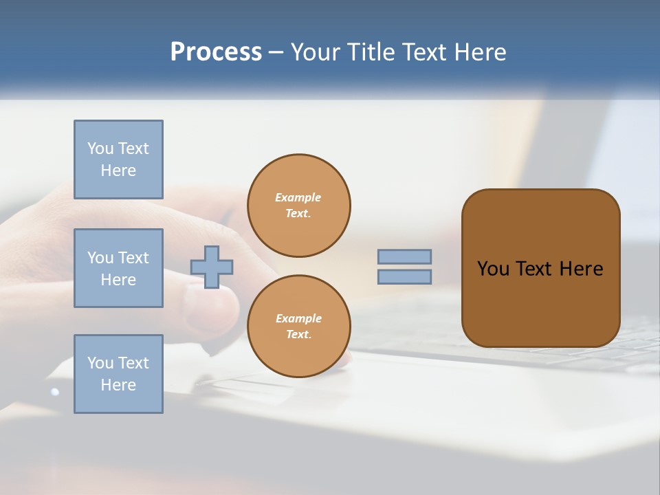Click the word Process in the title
[x=216, y=52]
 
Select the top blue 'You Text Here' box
[x=118, y=159]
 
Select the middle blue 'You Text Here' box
[x=118, y=268]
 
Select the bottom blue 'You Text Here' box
[x=118, y=374]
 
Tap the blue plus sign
[x=212, y=267]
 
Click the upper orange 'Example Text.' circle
[x=298, y=205]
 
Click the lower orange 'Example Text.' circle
[x=298, y=326]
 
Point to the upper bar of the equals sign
[x=405, y=256]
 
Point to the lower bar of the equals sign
[x=405, y=276]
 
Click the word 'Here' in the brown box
[x=581, y=269]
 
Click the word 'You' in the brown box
[x=493, y=269]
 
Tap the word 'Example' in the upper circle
[x=298, y=198]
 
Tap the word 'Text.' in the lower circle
[x=298, y=335]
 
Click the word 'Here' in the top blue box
[x=118, y=171]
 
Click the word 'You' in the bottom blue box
[x=100, y=363]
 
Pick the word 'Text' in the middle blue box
[x=133, y=258]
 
